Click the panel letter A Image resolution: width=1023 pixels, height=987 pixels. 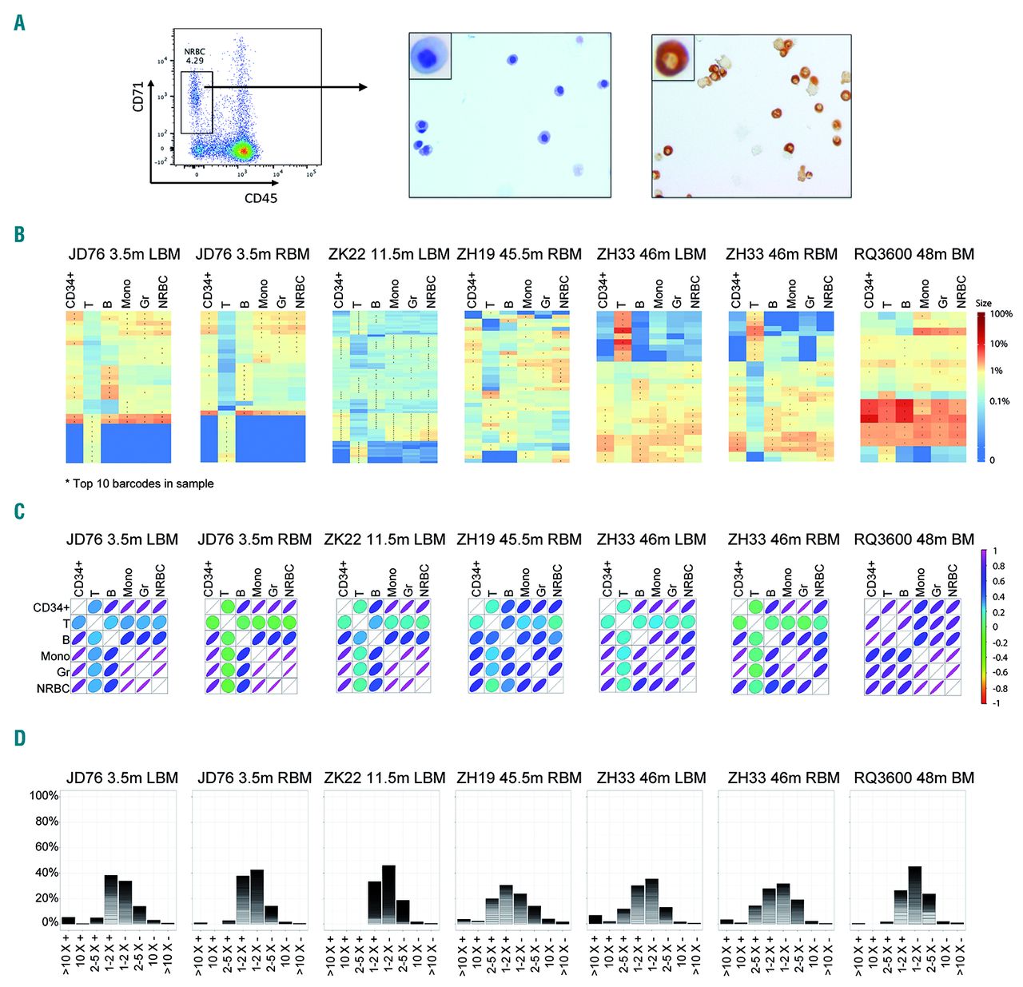click(x=19, y=23)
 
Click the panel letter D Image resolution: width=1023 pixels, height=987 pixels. click(x=20, y=737)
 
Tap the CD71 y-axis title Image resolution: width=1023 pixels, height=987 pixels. click(x=138, y=95)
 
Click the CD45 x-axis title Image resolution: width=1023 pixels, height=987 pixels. click(x=261, y=197)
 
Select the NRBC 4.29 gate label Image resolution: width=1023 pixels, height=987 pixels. click(x=194, y=56)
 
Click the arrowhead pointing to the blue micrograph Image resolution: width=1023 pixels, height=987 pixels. click(x=362, y=86)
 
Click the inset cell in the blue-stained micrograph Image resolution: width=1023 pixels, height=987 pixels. click(x=430, y=56)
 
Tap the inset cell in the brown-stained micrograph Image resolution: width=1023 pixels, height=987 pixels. click(x=672, y=58)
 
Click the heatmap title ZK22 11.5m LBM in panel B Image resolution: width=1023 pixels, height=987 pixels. click(x=388, y=254)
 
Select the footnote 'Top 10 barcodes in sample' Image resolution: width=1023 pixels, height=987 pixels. click(x=140, y=484)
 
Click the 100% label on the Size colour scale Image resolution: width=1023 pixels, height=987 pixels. click(x=1001, y=314)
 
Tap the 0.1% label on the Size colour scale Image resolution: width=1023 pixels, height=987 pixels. click(x=999, y=401)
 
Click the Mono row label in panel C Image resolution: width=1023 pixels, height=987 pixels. click(x=55, y=656)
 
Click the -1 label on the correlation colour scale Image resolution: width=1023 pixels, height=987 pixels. click(x=996, y=703)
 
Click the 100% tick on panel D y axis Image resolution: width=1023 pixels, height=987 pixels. click(x=44, y=796)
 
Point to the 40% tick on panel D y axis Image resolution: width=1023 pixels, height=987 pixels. click(x=46, y=872)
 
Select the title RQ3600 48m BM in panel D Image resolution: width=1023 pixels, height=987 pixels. click(x=914, y=778)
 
